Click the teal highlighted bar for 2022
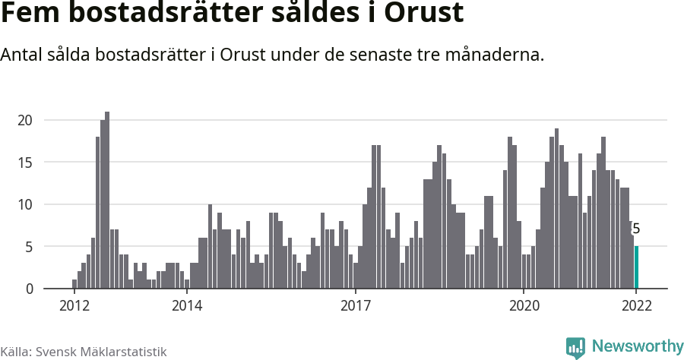(x=636, y=267)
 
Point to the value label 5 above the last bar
(x=636, y=229)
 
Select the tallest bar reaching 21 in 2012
(x=107, y=201)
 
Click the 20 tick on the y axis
(x=25, y=120)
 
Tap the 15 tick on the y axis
(x=25, y=162)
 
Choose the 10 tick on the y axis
(x=25, y=204)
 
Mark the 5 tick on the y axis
(x=28, y=247)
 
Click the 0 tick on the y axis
(x=28, y=289)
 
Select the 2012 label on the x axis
(x=74, y=306)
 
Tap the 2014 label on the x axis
(x=187, y=306)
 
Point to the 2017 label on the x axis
(x=355, y=306)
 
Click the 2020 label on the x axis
(x=524, y=306)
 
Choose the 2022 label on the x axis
(x=636, y=306)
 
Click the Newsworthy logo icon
(x=575, y=347)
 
